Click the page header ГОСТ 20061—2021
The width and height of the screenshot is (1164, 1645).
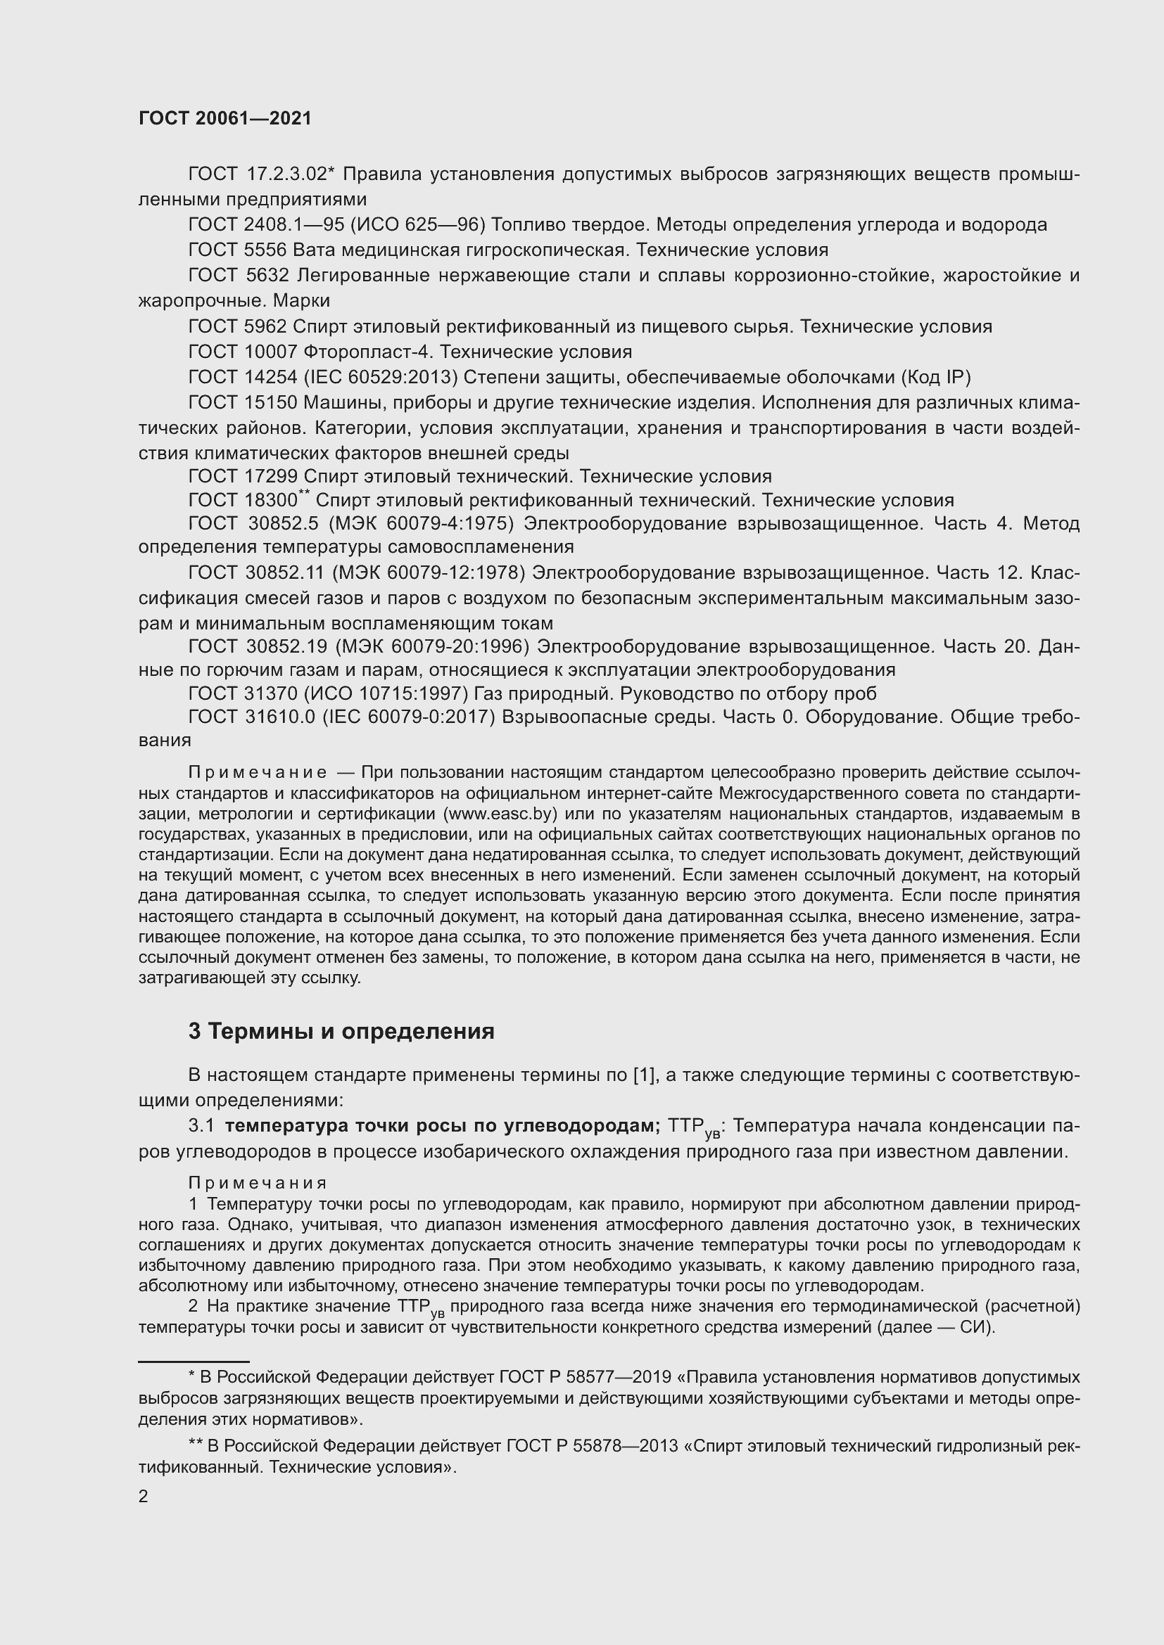point(225,119)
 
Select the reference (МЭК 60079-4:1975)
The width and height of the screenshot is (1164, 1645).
point(422,524)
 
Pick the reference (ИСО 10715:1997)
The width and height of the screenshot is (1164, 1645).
point(387,693)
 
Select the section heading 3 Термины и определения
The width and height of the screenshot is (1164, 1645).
point(341,1031)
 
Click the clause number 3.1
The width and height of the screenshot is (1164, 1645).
point(201,1126)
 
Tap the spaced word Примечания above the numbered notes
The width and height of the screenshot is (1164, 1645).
point(258,1183)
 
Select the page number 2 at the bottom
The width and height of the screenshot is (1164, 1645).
point(144,1497)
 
